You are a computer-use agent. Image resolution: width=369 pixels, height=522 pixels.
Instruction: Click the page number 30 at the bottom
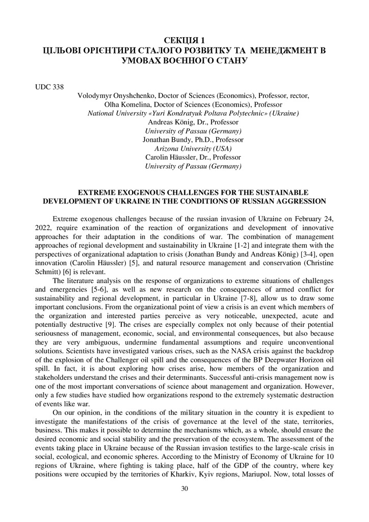(x=184, y=489)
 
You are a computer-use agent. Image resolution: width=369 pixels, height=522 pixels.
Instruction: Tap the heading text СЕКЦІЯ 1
(x=184, y=40)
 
